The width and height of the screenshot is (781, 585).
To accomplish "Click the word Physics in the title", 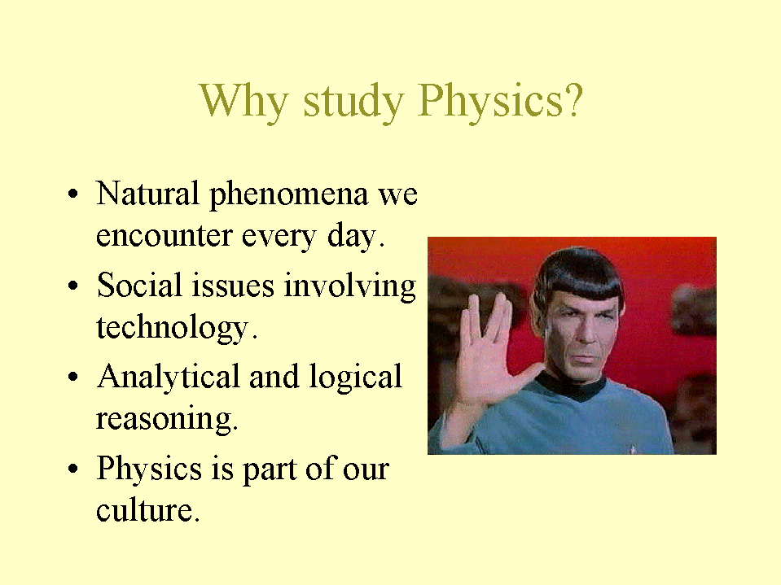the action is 490,102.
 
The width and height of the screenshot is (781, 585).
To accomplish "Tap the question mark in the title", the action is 574,99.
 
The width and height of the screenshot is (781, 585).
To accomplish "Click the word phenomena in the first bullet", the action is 288,194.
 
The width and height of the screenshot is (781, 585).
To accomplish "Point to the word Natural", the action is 147,193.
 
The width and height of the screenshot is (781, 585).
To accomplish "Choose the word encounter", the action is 164,235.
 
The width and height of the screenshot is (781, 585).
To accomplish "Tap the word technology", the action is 173,328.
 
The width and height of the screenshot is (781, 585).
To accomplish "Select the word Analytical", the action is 169,378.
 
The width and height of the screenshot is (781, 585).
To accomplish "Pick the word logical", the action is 355,378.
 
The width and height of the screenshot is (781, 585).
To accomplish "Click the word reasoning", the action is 165,419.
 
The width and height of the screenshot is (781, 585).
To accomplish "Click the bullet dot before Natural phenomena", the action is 73,194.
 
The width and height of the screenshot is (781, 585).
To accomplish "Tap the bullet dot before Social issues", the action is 73,286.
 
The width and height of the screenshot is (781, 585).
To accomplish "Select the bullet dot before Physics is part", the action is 73,469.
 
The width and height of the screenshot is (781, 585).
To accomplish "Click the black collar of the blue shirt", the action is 573,386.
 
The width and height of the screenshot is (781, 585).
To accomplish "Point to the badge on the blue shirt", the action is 633,448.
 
